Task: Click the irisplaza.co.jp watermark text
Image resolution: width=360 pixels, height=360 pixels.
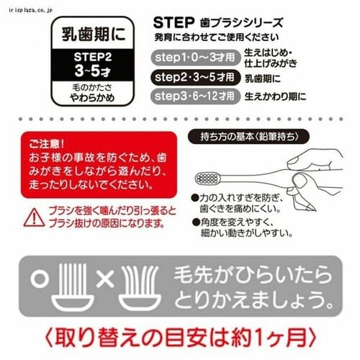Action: click(x=30, y=10)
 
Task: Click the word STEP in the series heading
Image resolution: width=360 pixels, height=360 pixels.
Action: click(x=174, y=23)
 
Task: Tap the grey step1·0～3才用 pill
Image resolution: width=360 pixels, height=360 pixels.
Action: click(x=196, y=58)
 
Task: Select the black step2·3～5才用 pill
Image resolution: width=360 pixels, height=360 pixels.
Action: click(x=196, y=77)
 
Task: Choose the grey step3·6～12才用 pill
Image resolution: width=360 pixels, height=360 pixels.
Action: click(x=196, y=96)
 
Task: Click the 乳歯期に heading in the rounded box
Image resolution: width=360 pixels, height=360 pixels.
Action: click(x=94, y=34)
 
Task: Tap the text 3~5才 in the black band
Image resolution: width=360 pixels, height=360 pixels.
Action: click(x=93, y=71)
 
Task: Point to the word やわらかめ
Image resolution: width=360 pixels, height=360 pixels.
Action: click(x=92, y=98)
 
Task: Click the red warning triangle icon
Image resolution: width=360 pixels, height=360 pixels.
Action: click(x=34, y=218)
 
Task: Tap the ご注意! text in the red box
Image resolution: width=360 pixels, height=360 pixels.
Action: click(x=46, y=144)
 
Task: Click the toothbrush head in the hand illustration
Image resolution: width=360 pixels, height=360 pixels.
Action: click(x=207, y=179)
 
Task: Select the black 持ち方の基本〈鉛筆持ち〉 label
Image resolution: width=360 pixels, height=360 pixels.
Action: click(x=248, y=137)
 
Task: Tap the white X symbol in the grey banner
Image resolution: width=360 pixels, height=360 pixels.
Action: click(x=105, y=279)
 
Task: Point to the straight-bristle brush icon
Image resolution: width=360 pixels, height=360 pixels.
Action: click(x=73, y=287)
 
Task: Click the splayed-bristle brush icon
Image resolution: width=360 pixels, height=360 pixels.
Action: click(x=140, y=287)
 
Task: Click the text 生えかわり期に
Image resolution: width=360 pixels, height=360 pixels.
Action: click(x=275, y=96)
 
